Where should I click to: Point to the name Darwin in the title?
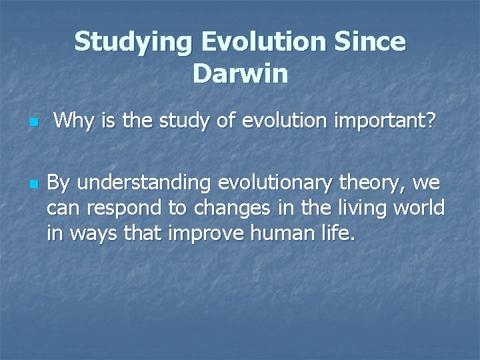coord(240,73)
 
